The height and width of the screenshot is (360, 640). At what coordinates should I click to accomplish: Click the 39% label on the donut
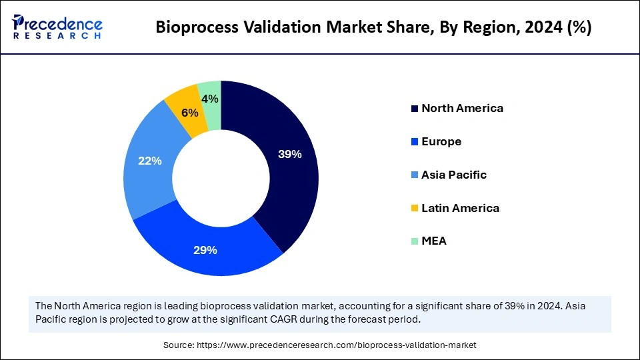tap(290, 154)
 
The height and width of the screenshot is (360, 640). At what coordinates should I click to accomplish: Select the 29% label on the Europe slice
tap(205, 250)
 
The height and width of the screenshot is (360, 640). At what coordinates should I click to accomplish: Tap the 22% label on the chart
tap(149, 161)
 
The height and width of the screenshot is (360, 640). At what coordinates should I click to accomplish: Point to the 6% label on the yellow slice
tap(189, 113)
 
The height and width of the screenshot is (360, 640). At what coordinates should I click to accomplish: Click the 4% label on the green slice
tap(211, 99)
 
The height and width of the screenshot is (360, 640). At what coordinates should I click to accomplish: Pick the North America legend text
tap(462, 108)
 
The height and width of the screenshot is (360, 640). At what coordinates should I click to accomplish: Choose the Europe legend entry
tap(441, 141)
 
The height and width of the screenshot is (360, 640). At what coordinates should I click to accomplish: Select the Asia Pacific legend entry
tap(454, 175)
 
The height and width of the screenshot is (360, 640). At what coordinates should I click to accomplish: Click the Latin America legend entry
tap(460, 208)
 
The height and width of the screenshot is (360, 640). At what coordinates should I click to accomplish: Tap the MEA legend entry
tap(434, 241)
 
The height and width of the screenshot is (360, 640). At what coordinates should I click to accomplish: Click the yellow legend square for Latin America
tap(415, 209)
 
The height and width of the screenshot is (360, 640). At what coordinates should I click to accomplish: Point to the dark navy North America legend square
tap(415, 109)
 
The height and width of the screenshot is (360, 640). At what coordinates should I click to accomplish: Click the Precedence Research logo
tap(57, 27)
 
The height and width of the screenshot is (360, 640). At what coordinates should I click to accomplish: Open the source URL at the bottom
tap(320, 345)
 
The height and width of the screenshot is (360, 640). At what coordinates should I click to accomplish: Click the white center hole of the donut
tap(221, 178)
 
